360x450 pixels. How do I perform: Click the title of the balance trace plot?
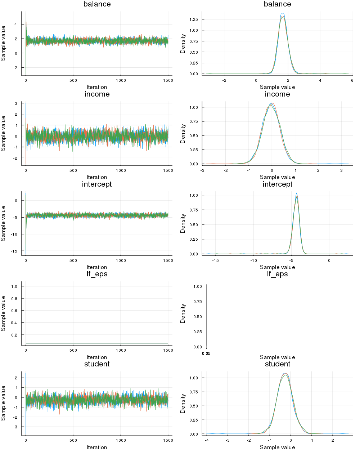click(97, 4)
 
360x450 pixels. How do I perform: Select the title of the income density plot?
click(277, 94)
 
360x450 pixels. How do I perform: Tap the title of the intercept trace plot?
click(97, 184)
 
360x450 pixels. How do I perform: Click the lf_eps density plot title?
click(277, 274)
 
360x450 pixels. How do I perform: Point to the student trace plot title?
click(97, 364)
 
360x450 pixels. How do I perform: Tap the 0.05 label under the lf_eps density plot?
click(206, 354)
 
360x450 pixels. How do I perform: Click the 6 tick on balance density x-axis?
click(352, 80)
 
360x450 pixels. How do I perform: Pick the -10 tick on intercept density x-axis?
click(254, 260)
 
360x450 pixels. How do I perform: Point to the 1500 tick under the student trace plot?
click(168, 440)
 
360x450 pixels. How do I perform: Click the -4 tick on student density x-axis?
click(207, 440)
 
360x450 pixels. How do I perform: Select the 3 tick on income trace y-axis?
click(16, 103)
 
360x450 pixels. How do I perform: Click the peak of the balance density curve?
click(283, 14)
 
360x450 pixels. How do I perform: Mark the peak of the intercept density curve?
click(296, 193)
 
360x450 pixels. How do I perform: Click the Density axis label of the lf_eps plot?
click(183, 313)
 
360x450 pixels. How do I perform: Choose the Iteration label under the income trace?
click(97, 177)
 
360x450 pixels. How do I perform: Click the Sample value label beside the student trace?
click(4, 403)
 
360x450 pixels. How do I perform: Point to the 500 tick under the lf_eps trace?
click(73, 350)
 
